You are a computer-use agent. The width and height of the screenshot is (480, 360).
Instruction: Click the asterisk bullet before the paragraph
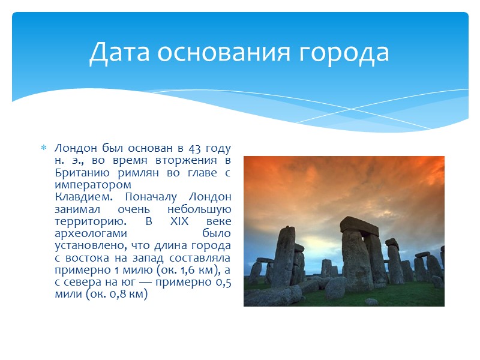tap(43, 148)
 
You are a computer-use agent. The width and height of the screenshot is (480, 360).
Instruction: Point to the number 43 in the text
tap(195, 148)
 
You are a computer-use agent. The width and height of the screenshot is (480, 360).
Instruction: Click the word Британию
tap(80, 173)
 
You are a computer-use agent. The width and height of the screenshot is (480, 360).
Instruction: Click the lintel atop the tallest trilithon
tap(359, 226)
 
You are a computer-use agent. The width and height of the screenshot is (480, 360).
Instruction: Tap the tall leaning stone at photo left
tap(284, 255)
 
